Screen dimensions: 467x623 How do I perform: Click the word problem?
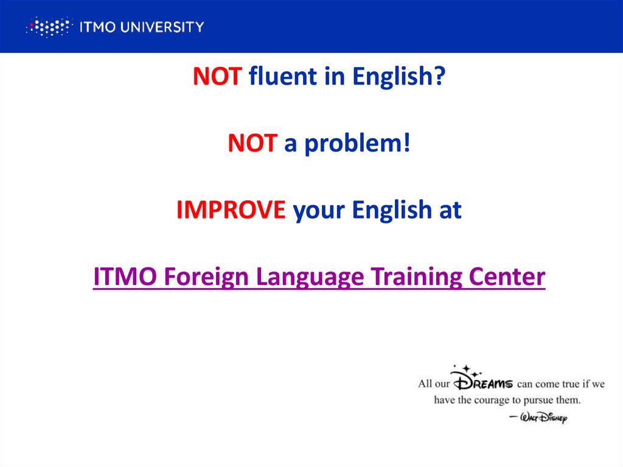point(358,144)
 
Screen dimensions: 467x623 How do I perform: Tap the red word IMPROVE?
point(231,210)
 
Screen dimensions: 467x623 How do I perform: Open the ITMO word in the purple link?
point(121,277)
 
